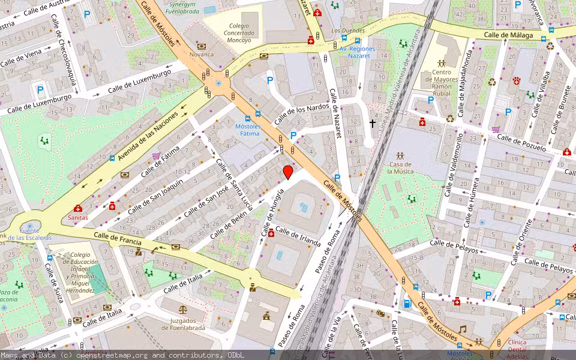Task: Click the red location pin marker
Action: point(288,172)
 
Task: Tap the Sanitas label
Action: point(77,217)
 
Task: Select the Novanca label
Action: point(201,55)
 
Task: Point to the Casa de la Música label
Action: point(400,167)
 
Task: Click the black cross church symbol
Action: point(373,124)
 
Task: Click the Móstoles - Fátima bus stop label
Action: point(247,130)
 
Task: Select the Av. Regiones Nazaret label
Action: point(357,52)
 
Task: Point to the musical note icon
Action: point(462,329)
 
